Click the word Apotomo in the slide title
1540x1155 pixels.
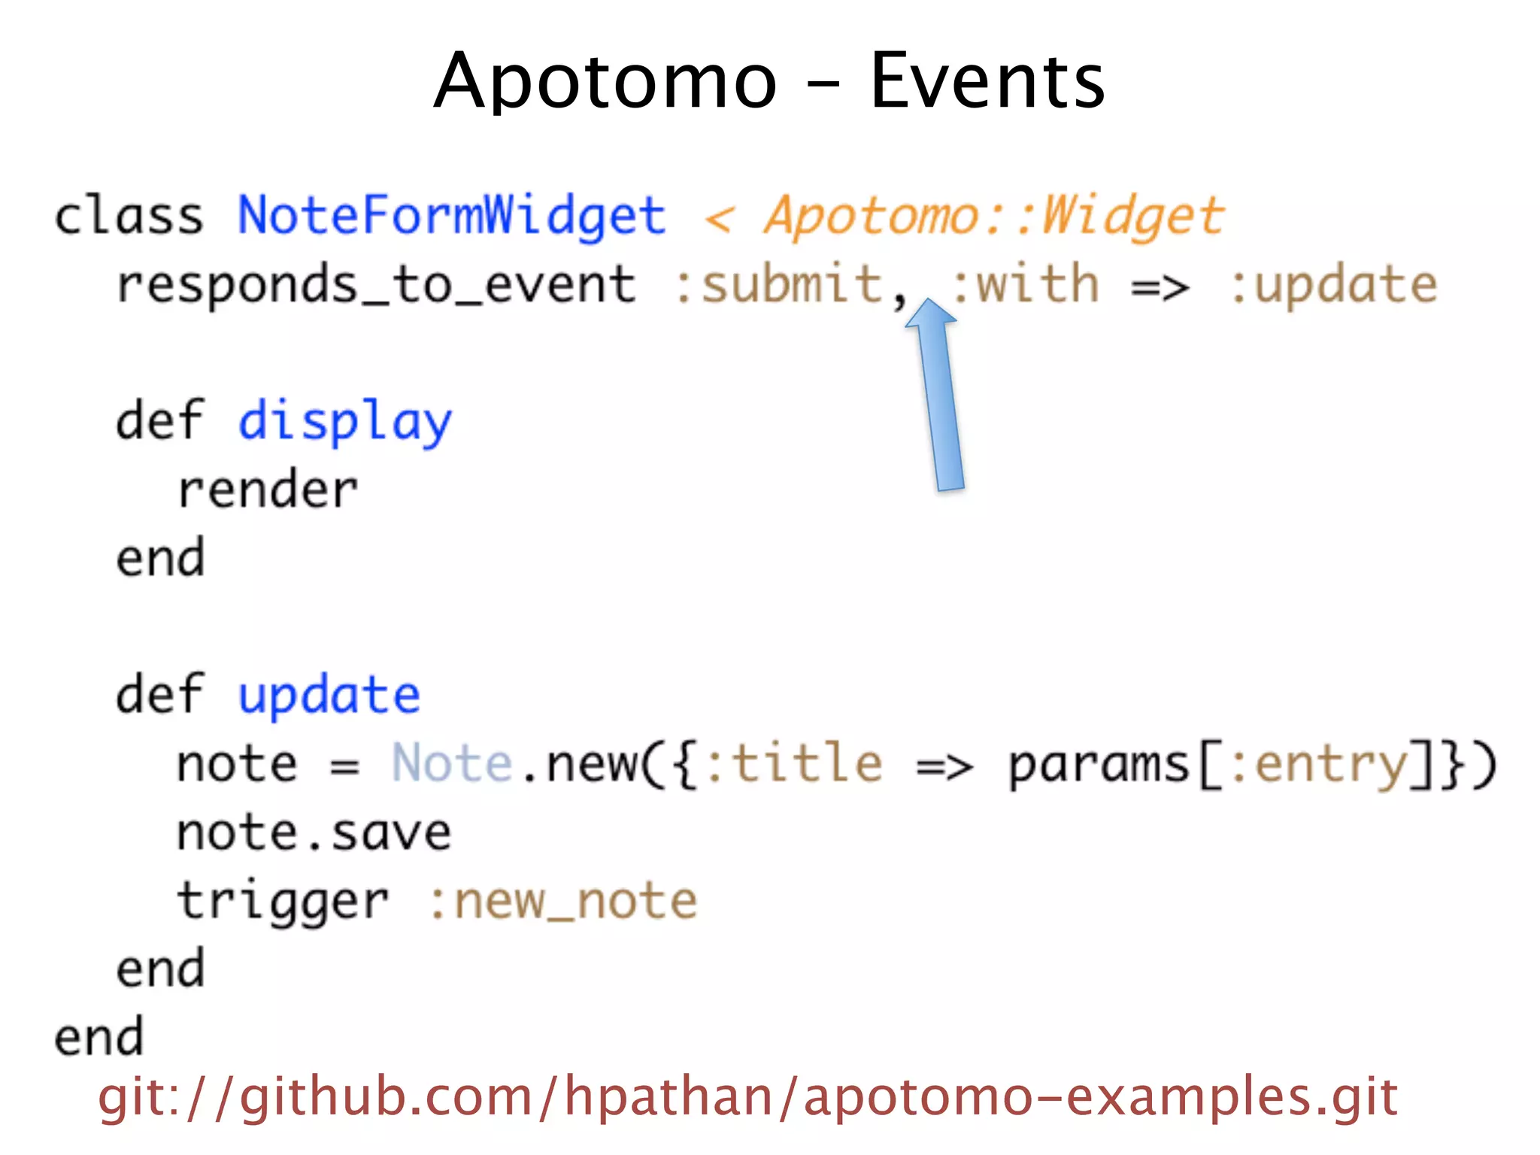tap(605, 81)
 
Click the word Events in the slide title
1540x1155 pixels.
tap(987, 81)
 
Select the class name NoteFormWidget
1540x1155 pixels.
tap(452, 217)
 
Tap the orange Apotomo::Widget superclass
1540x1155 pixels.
tap(994, 217)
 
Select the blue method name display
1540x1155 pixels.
tap(345, 421)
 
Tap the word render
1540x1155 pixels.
tap(268, 490)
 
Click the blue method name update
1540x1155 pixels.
tap(329, 696)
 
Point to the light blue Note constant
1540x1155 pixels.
tap(452, 764)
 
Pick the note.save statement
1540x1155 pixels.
tap(314, 833)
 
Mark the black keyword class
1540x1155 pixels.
tap(129, 217)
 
